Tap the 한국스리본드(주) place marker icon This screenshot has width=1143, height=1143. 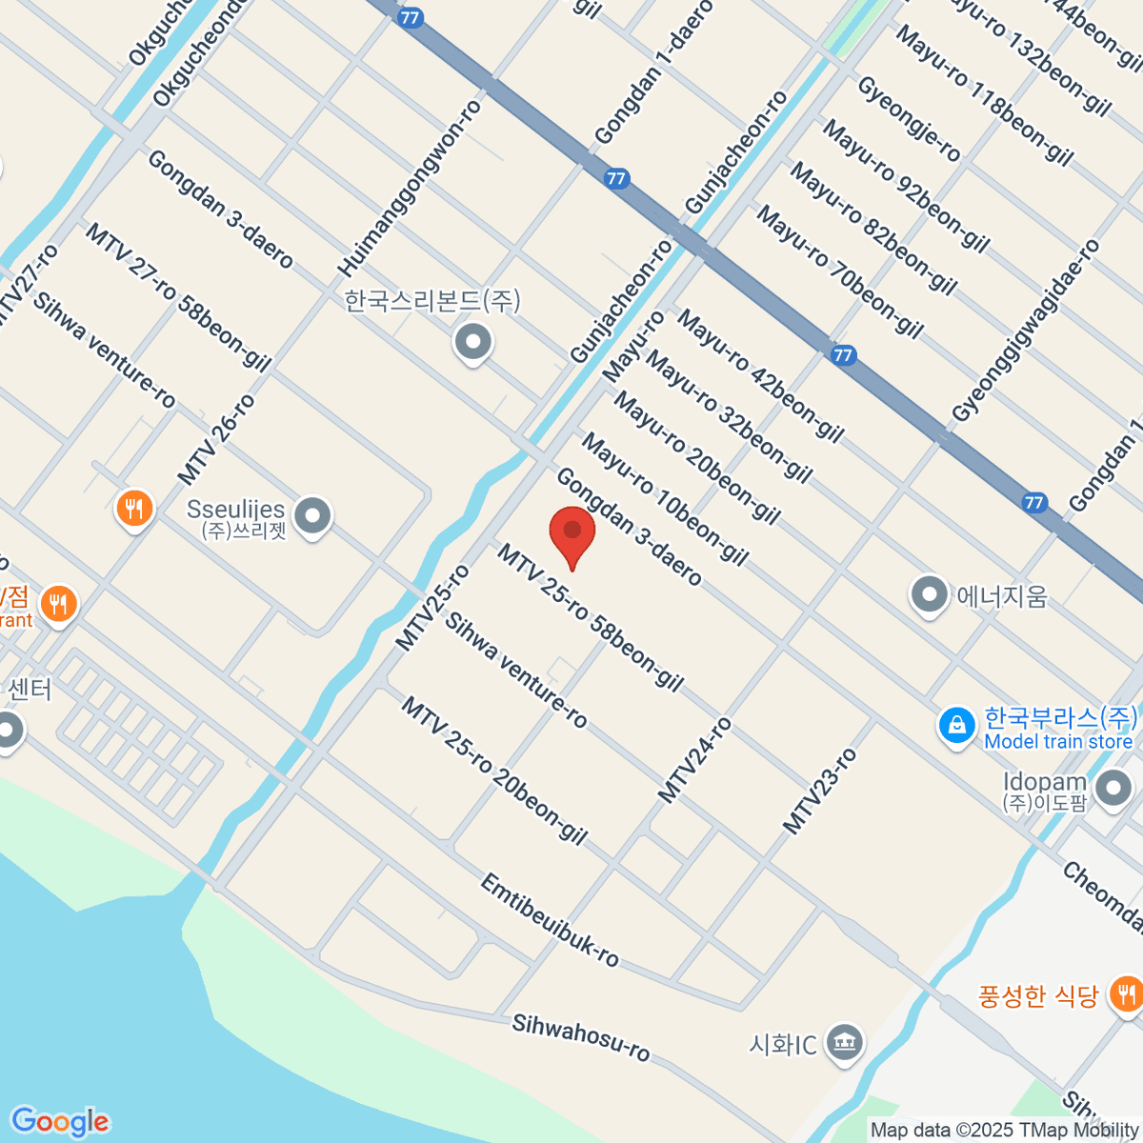(472, 342)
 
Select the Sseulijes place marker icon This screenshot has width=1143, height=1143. (311, 515)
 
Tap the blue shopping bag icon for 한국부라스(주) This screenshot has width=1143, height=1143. (956, 727)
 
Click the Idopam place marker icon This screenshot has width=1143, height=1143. (1113, 789)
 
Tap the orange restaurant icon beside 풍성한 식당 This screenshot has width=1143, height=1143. (1127, 994)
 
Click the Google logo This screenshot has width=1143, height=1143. (60, 1122)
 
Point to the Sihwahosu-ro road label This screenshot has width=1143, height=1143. (580, 1037)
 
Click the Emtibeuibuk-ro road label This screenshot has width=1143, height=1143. (549, 919)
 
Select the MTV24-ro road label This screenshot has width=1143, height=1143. (695, 760)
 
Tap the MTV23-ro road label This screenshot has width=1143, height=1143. (819, 792)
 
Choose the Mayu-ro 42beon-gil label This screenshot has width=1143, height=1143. (760, 376)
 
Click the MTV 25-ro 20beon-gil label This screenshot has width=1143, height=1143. (493, 771)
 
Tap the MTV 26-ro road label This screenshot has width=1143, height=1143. (216, 439)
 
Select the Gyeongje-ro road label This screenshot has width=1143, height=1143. (909, 119)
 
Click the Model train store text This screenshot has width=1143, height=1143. (1058, 741)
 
